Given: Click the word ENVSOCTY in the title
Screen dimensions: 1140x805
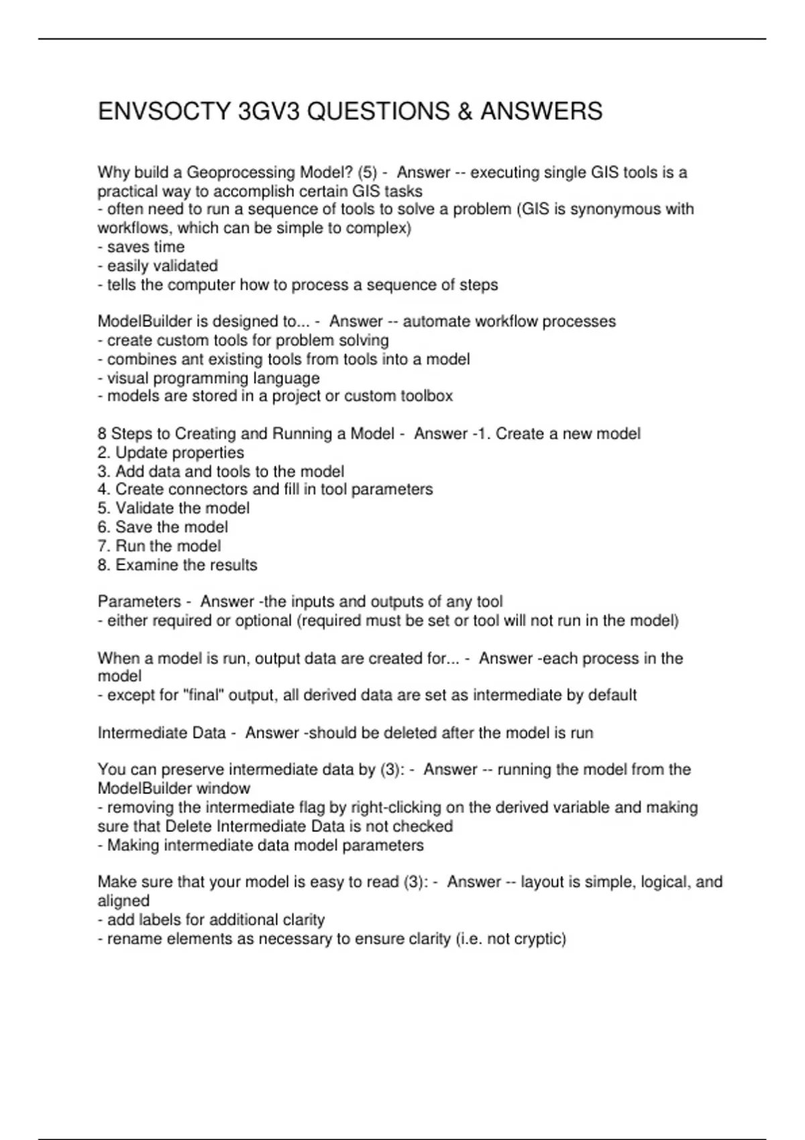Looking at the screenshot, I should (164, 111).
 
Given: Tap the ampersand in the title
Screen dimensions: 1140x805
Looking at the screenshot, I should (464, 111).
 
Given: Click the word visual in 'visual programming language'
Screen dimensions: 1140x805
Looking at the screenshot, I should (128, 378).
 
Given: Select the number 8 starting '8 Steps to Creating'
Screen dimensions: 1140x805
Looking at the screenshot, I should (102, 434).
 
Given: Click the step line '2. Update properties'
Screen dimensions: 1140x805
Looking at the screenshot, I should (170, 453).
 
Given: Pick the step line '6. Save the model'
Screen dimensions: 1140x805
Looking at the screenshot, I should (162, 527).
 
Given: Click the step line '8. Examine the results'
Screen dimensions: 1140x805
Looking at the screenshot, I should (177, 565).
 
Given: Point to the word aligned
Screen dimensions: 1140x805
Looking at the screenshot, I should (123, 901).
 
